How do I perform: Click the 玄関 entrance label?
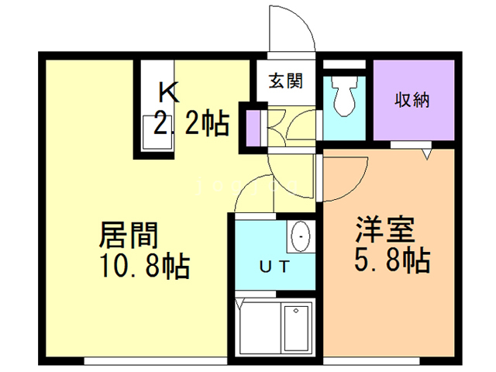pyautogui.click(x=281, y=80)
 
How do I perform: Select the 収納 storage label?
pyautogui.click(x=412, y=100)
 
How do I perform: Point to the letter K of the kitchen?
pyautogui.click(x=170, y=93)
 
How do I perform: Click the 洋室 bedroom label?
pyautogui.click(x=387, y=230)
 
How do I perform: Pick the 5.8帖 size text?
pyautogui.click(x=392, y=261)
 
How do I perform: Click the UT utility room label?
pyautogui.click(x=274, y=268)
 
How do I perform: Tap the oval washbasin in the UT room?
pyautogui.click(x=300, y=235)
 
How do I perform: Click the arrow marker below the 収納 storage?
pyautogui.click(x=425, y=156)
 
